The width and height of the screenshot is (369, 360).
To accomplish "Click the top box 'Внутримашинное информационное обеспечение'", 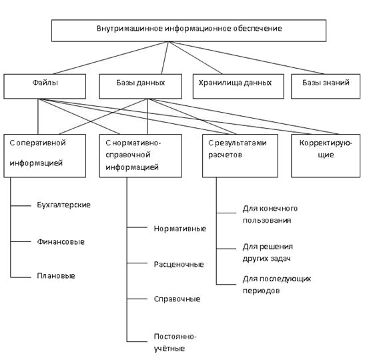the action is pos(189,31).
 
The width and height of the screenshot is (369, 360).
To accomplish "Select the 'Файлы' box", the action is pos(45,86).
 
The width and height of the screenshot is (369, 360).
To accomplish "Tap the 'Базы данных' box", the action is pos(141,86).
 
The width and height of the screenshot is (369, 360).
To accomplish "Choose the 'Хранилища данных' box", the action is pos(238,86).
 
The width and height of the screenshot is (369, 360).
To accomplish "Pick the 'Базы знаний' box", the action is pos(326,86).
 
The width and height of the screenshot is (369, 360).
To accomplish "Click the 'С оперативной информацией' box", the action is pos(45,155).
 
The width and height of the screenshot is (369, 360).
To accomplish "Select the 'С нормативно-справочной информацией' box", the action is pos(141,155).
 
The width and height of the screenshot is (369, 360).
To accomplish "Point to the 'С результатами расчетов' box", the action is pos(240,155).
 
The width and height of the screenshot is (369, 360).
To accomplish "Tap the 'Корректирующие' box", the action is pos(326,155).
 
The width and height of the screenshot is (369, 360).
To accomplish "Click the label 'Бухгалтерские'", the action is pos(64,205).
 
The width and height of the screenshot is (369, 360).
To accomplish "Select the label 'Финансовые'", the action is pos(61,242).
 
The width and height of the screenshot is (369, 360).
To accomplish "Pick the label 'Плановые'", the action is pos(56,275).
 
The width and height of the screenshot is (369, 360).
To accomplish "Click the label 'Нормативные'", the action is pos(180,229).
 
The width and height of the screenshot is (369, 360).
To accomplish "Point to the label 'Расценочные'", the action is pos(179,264).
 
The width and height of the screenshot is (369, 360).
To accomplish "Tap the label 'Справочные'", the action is pos(177,299).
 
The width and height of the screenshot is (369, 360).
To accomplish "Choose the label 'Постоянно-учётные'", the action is pos(175,343).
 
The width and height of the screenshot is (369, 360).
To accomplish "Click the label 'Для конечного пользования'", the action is pos(270,214).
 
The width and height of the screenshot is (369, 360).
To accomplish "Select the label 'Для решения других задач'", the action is pos(268,253).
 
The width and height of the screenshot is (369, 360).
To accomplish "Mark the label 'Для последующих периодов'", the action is pos(277,285).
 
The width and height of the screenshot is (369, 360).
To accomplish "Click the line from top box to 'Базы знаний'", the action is pos(247,58).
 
